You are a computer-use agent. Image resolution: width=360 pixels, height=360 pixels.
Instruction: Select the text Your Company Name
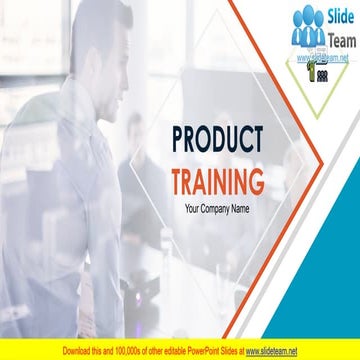tap(217, 209)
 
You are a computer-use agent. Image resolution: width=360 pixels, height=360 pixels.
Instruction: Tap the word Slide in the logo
tap(336, 13)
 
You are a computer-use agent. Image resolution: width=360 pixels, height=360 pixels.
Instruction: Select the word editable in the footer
tap(167, 351)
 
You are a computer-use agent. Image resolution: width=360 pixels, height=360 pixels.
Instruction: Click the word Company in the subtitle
tap(216, 209)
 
